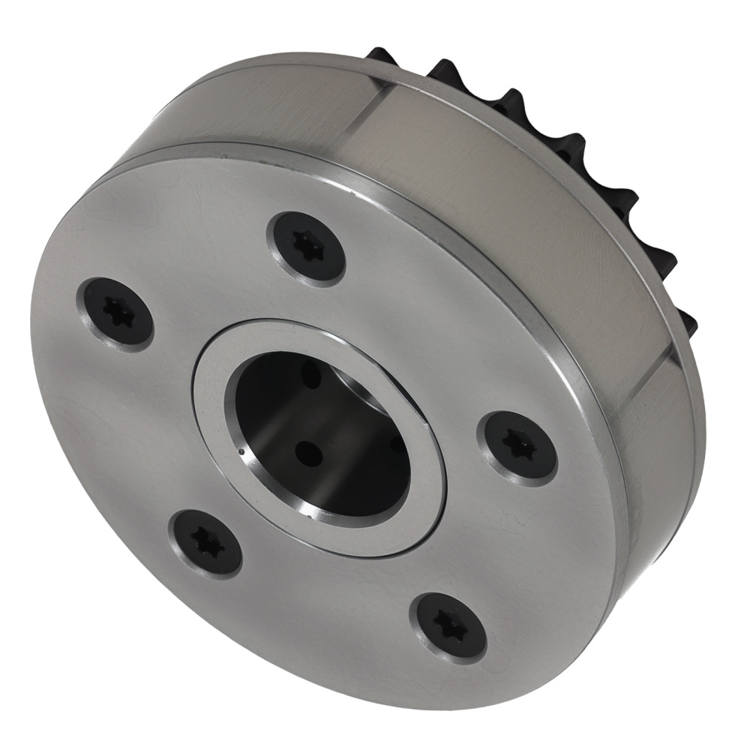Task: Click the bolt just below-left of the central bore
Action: pyautogui.click(x=208, y=541)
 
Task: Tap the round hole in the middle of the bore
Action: pyautogui.click(x=307, y=452)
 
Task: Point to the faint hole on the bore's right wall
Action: pyautogui.click(x=395, y=444)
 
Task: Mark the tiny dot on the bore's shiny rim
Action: pyautogui.click(x=240, y=452)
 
